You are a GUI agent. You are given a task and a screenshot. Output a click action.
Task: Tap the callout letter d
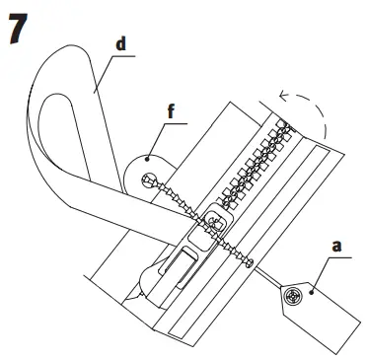click(x=119, y=45)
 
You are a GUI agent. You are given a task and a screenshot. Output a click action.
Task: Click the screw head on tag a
click(x=292, y=295)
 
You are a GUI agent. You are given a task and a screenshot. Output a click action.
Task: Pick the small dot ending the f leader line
click(x=145, y=156)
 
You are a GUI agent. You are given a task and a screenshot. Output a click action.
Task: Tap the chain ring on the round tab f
click(x=149, y=180)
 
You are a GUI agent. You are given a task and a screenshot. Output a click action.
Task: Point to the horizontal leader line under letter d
click(x=117, y=56)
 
